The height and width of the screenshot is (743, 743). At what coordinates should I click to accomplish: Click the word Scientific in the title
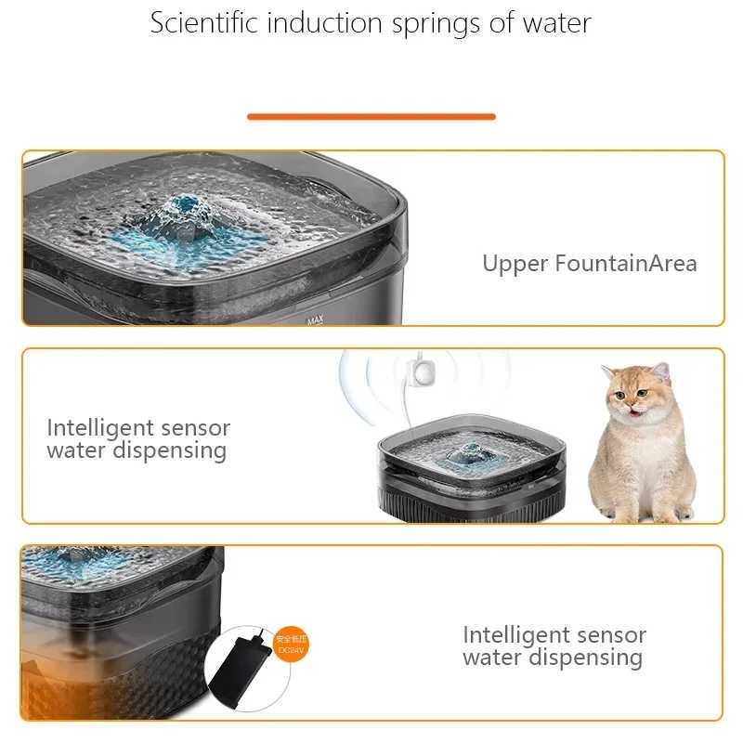[202, 23]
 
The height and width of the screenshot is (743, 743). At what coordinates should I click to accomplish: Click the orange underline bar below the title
[371, 116]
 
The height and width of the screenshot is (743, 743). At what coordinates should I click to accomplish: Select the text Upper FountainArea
[589, 263]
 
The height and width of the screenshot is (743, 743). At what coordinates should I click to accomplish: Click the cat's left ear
[661, 372]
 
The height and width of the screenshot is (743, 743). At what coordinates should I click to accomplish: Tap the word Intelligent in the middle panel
[100, 428]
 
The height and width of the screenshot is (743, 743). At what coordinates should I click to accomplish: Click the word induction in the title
[313, 23]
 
